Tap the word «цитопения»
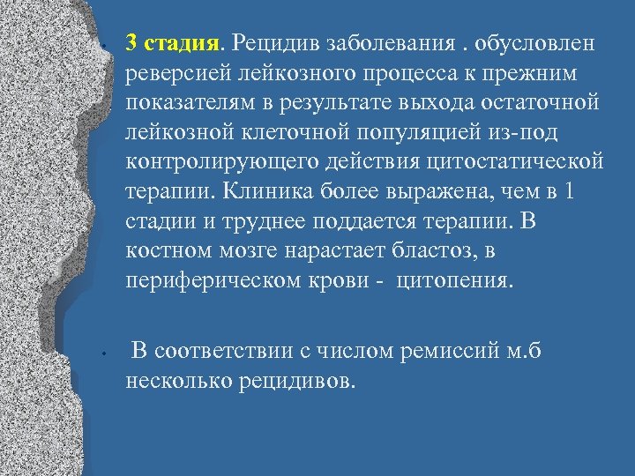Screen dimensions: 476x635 tap(453, 282)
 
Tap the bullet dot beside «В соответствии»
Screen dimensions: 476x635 tap(103, 354)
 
